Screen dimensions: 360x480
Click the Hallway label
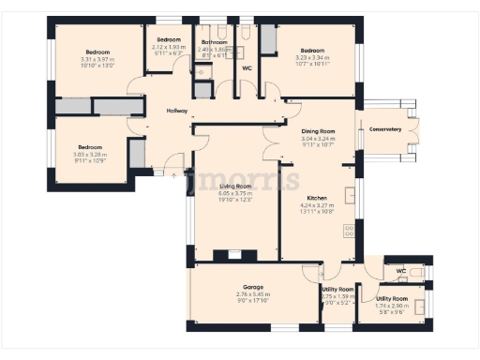(177, 112)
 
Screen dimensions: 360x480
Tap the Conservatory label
(385, 128)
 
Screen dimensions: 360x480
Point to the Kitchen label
(317, 199)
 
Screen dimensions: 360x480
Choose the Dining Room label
(319, 131)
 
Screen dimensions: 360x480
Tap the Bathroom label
(215, 42)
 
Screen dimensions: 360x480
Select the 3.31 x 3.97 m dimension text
(97, 59)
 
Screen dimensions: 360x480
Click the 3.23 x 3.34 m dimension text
(312, 58)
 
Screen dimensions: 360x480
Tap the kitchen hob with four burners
(351, 228)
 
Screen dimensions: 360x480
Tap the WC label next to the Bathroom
(247, 67)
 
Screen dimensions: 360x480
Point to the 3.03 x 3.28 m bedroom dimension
(90, 155)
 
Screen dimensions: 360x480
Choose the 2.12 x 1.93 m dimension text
(169, 47)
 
